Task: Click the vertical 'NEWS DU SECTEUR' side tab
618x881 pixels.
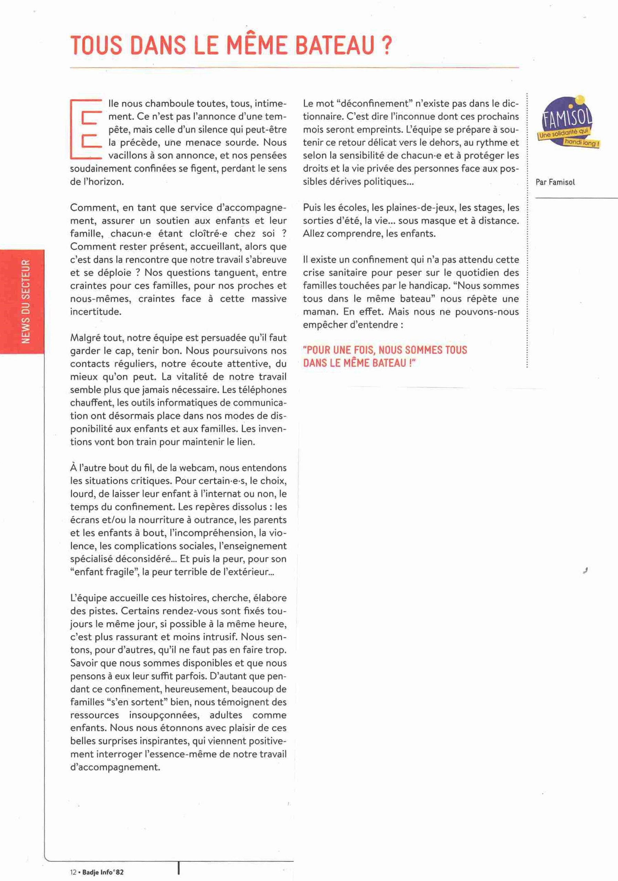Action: (26, 301)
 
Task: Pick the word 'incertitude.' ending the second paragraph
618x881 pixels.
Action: (96, 311)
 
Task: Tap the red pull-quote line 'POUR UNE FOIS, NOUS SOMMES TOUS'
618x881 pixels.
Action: (385, 350)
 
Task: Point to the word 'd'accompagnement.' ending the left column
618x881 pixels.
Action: (115, 767)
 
